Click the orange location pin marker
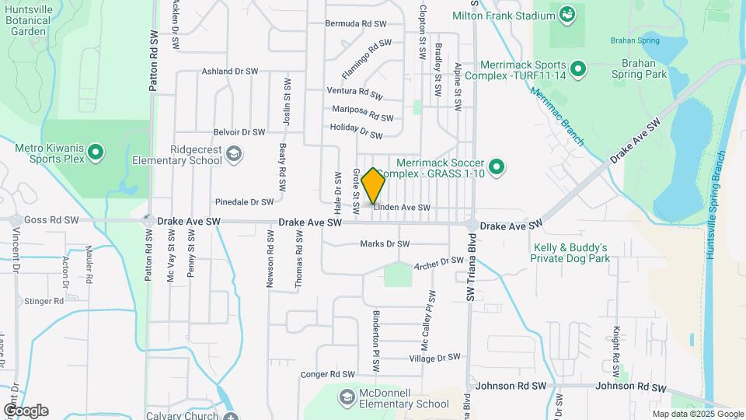(374, 185)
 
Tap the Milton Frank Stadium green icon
(566, 13)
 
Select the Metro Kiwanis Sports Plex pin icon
(96, 152)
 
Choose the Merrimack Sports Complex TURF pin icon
(577, 70)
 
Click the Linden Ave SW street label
(402, 208)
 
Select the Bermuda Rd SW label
(356, 23)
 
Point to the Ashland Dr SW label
(230, 71)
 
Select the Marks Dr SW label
(385, 244)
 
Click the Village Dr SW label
(435, 358)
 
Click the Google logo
(26, 411)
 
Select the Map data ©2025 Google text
(697, 414)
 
